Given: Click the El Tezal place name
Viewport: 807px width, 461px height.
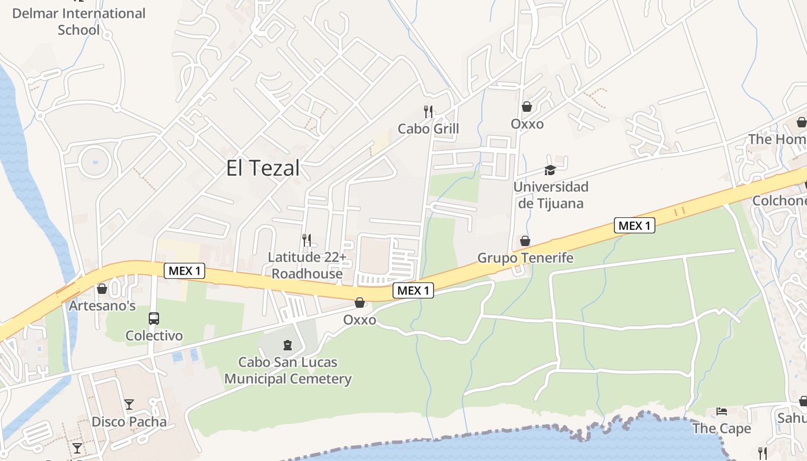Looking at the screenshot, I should point(263,168).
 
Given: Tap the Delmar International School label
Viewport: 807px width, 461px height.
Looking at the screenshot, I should point(79,21).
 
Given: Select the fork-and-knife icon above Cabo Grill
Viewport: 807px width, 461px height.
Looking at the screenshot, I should point(428,111).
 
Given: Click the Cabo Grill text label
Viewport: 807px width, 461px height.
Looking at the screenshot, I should point(428,129).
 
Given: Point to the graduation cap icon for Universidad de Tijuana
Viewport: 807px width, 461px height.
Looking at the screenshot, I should point(550,170).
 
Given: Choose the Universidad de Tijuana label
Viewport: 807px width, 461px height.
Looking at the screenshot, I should point(550,195).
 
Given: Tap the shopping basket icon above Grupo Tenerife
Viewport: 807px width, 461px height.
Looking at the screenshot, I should point(525,241).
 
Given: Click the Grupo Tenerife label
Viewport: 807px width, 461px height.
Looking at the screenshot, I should point(525,258).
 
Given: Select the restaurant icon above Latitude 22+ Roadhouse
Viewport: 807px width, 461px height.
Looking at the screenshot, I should point(307,240).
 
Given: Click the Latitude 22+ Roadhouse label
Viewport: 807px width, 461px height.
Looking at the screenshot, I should point(307,265).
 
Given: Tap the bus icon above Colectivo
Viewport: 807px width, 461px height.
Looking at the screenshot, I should point(154,319).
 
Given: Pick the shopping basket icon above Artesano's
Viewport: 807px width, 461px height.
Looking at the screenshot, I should point(102,289).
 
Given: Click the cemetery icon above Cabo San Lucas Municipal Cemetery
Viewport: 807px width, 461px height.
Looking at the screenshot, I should point(287,346).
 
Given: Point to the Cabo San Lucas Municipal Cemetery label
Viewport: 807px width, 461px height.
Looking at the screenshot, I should point(288,371).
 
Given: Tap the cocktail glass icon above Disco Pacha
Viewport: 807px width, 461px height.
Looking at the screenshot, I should point(129,405).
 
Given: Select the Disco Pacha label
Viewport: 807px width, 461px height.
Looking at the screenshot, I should point(129,422).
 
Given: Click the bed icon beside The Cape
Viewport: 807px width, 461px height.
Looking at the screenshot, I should point(722,411).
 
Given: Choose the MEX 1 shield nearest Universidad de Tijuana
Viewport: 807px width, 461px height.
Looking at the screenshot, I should point(634,226).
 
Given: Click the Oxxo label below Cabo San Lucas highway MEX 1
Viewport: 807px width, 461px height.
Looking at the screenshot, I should point(360,320).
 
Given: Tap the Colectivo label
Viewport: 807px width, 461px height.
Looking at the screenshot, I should point(154,335).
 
